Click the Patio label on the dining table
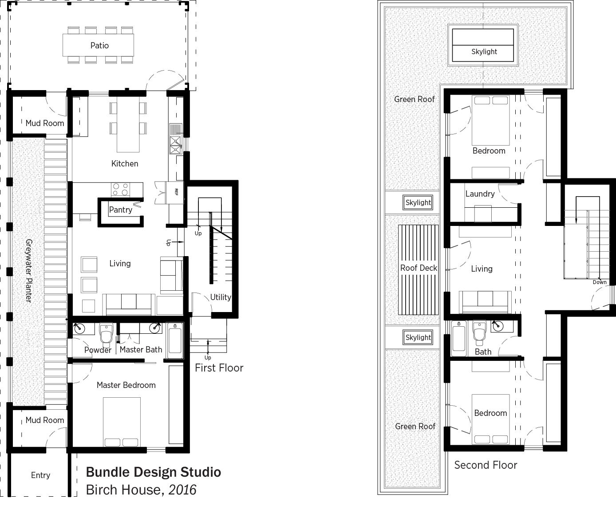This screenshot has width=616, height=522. click(99, 45)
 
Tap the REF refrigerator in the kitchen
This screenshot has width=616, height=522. click(175, 192)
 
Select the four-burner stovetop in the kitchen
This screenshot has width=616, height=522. click(120, 189)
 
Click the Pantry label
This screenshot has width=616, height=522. click(120, 210)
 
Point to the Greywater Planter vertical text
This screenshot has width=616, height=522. click(28, 270)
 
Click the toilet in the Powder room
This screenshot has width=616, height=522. click(106, 333)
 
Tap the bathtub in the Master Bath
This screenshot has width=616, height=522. click(174, 340)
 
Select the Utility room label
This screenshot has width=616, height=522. click(221, 297)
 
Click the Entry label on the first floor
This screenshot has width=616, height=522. click(40, 475)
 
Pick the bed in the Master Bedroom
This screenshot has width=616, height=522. click(122, 422)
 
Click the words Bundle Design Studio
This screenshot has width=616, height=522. click(154, 472)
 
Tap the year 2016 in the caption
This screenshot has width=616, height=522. click(182, 490)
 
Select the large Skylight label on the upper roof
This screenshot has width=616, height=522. click(484, 51)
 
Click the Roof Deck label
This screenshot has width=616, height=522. click(419, 268)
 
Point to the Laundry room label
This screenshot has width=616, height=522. click(480, 194)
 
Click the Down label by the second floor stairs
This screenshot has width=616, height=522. click(600, 282)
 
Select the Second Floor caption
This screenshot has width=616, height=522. click(486, 465)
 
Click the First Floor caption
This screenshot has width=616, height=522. click(219, 368)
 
